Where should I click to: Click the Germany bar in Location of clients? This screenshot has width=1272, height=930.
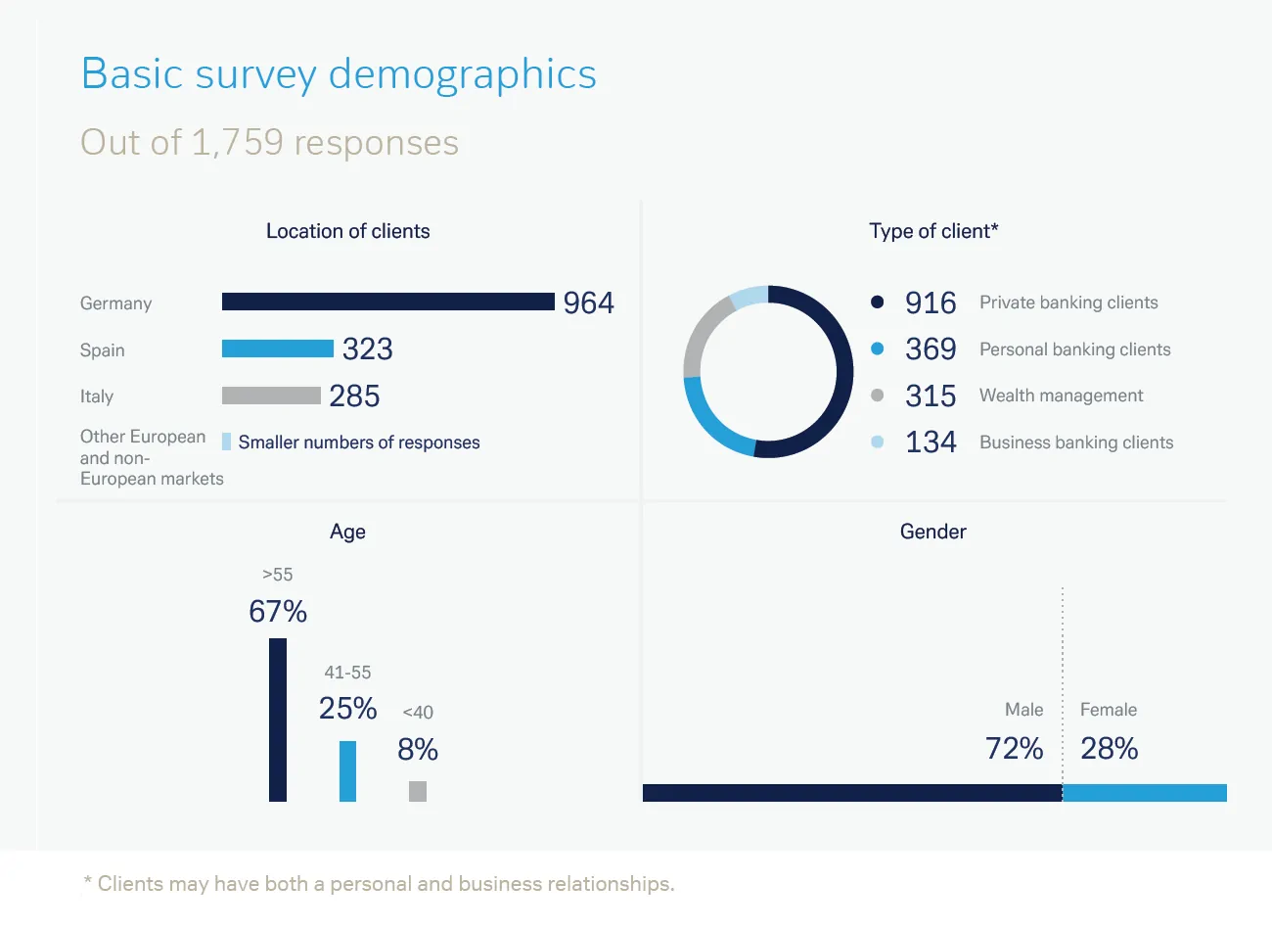387,302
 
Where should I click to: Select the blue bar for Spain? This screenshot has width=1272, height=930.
277,349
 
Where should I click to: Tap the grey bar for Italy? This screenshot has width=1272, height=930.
271,395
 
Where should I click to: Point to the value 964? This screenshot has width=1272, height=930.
588,302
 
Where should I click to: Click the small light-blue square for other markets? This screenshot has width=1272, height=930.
227,442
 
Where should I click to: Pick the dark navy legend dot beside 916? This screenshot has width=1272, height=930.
877,302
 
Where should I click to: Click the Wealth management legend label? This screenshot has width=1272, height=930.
1061,395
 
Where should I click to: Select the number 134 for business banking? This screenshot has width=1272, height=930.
930,442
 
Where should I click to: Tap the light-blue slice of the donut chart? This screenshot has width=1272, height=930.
750,297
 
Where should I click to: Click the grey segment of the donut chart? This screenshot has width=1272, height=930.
700,338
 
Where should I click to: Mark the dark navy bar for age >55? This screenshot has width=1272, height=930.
278,720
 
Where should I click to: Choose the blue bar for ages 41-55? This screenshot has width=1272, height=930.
347,770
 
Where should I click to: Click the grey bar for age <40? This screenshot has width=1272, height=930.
418,791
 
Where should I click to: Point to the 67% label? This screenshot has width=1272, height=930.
278,612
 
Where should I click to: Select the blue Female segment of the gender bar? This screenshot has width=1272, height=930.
1144,793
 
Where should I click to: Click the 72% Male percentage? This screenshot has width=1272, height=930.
1014,749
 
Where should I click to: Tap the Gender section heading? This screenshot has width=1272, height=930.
932,532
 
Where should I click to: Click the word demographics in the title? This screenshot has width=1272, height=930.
462,75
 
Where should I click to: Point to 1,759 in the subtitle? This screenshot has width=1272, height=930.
237,143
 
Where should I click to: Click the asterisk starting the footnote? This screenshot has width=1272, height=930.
88,881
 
